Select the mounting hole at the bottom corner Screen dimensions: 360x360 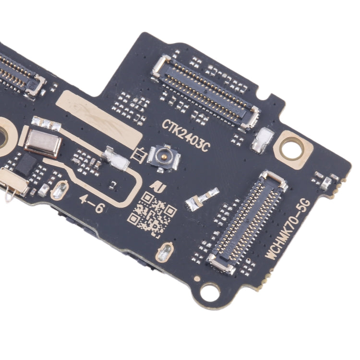click(210, 290)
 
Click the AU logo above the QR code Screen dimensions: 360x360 click(155, 184)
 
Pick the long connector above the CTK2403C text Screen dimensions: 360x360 click(206, 91)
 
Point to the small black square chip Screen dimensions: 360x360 click(24, 165)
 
